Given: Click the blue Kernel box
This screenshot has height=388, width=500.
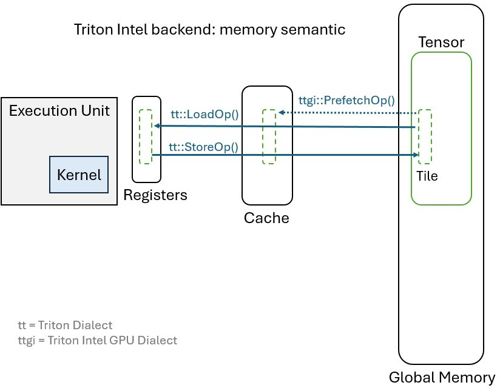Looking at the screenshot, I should [x=78, y=175].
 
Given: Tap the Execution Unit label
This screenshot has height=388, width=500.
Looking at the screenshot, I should [x=59, y=111].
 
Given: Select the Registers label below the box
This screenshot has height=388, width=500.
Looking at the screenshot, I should [x=155, y=195].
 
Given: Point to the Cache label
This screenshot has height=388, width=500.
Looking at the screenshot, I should [x=266, y=218].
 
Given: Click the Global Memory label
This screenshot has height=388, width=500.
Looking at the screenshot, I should [x=442, y=377].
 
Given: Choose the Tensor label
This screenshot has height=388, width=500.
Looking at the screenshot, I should [x=441, y=42].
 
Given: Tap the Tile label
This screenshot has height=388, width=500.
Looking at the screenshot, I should [x=427, y=176].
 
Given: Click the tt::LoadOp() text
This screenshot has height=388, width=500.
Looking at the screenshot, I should [x=203, y=115].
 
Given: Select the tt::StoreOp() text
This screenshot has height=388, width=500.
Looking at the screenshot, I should [x=203, y=146].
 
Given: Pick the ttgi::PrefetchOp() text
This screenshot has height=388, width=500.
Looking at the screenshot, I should [x=347, y=101].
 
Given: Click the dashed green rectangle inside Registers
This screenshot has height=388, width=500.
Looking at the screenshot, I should [x=146, y=136].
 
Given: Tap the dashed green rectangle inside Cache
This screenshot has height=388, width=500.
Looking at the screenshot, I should [x=269, y=136].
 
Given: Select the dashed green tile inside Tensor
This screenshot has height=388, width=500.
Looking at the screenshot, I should [x=425, y=136].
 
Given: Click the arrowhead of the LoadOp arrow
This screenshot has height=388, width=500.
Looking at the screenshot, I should [x=156, y=125].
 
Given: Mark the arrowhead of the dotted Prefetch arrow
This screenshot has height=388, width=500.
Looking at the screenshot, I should [x=281, y=113].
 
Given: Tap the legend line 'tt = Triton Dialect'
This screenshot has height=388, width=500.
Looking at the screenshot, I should [x=65, y=325].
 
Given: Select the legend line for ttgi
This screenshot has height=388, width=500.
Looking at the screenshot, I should [x=97, y=340].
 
